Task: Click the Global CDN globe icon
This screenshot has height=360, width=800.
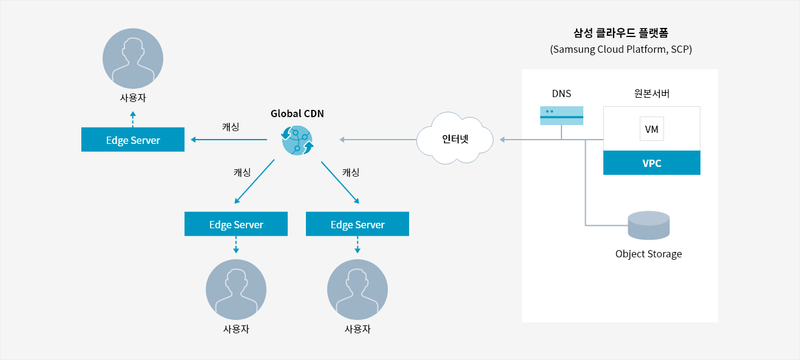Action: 297,140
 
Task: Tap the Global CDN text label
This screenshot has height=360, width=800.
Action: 297,114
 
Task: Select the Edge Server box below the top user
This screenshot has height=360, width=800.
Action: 133,140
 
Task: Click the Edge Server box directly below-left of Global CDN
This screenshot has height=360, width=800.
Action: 236,224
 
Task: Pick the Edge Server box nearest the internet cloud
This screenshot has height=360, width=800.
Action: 358,224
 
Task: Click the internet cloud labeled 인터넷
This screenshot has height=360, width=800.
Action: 455,138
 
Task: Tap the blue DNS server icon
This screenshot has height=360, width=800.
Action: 561,115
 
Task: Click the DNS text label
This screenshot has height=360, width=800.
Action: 561,93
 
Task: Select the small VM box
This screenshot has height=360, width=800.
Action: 652,129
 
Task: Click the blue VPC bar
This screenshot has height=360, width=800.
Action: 652,163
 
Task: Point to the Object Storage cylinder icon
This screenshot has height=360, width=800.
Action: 649,225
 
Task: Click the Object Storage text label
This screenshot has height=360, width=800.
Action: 649,254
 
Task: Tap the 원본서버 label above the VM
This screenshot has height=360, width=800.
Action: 652,93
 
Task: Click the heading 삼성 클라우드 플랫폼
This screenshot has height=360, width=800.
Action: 621,33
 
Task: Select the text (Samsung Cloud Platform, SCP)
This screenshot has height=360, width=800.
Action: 621,49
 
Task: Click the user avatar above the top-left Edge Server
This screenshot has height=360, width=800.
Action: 133,58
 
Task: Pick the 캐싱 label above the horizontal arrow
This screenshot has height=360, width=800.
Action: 231,127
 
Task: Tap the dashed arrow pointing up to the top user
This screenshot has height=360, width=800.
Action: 133,119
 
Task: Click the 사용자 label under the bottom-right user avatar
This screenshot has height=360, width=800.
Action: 358,329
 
